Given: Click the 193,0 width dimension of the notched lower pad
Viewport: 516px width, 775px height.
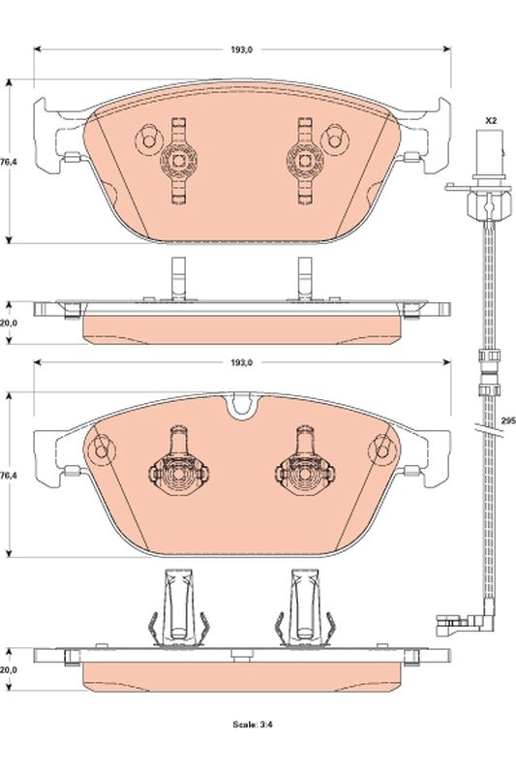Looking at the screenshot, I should tap(241, 362).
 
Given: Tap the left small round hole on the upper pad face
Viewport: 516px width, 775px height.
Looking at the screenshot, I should tap(148, 139).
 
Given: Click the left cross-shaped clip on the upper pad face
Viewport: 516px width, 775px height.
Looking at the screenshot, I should tap(178, 159).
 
